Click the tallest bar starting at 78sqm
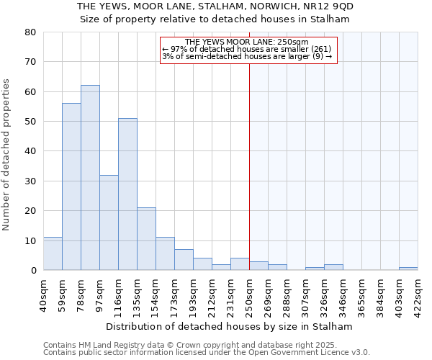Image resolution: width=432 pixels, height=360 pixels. pyautogui.click(x=90, y=178)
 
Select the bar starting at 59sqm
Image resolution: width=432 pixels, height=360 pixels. pyautogui.click(x=71, y=186)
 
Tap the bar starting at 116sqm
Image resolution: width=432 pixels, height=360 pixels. pyautogui.click(x=127, y=194)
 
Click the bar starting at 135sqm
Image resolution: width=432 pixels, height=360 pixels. pyautogui.click(x=146, y=239)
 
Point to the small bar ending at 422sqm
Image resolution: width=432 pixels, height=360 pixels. pyautogui.click(x=408, y=269)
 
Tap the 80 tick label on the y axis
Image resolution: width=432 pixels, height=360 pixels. pyautogui.click(x=30, y=32)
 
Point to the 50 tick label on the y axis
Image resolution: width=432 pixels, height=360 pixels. pyautogui.click(x=30, y=122)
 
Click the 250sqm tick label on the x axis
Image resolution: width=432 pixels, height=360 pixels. pyautogui.click(x=249, y=294)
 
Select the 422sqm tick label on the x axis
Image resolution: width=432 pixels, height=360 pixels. pyautogui.click(x=418, y=294)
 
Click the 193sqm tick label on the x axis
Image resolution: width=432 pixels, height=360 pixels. pyautogui.click(x=193, y=294)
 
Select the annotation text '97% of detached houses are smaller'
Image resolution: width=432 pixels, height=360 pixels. pyautogui.click(x=240, y=49)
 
